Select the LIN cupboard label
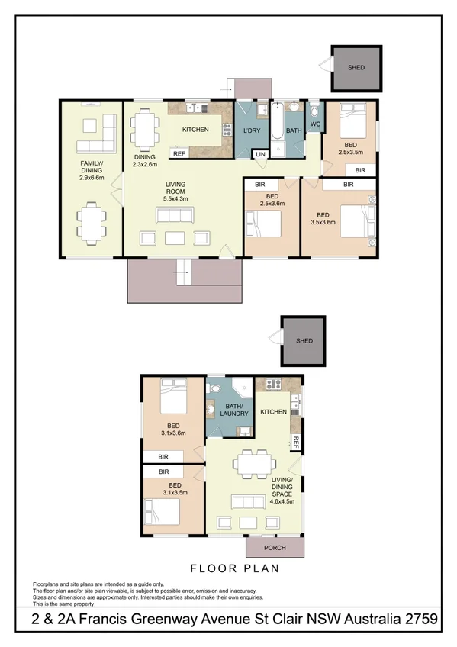pyautogui.click(x=261, y=154)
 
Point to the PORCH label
pyautogui.click(x=275, y=548)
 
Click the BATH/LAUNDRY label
pyautogui.click(x=230, y=410)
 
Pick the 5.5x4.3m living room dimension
pyautogui.click(x=175, y=198)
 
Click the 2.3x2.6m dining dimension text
pyautogui.click(x=144, y=164)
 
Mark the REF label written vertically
pyautogui.click(x=294, y=442)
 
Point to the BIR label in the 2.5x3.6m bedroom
pyautogui.click(x=260, y=185)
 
